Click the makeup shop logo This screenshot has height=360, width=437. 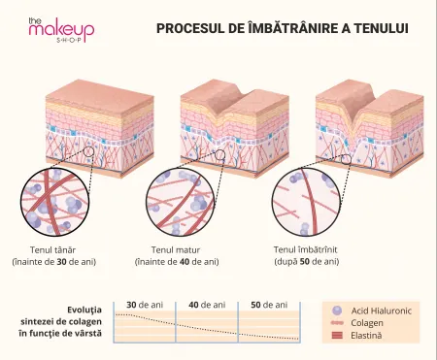click(x=61, y=30)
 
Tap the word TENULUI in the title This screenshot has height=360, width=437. click(x=381, y=28)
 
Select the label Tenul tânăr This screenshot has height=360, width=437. click(x=52, y=250)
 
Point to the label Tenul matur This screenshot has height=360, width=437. click(x=176, y=250)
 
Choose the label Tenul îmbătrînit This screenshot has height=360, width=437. click(x=306, y=250)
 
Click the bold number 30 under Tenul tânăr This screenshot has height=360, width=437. click(x=61, y=262)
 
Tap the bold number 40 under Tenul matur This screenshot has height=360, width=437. click(x=184, y=262)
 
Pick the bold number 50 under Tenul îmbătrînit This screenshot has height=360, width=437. click(x=305, y=262)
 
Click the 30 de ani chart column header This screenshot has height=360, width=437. click(x=145, y=305)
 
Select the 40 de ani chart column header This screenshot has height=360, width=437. click(x=207, y=305)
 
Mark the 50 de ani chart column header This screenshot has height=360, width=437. click(x=269, y=305)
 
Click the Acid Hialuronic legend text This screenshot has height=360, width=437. click(x=382, y=311)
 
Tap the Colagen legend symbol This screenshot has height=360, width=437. click(x=337, y=323)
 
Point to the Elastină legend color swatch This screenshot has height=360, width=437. click(x=337, y=336)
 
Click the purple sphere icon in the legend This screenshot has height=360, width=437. click(x=337, y=311)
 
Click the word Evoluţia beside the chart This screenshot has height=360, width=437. click(x=84, y=310)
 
